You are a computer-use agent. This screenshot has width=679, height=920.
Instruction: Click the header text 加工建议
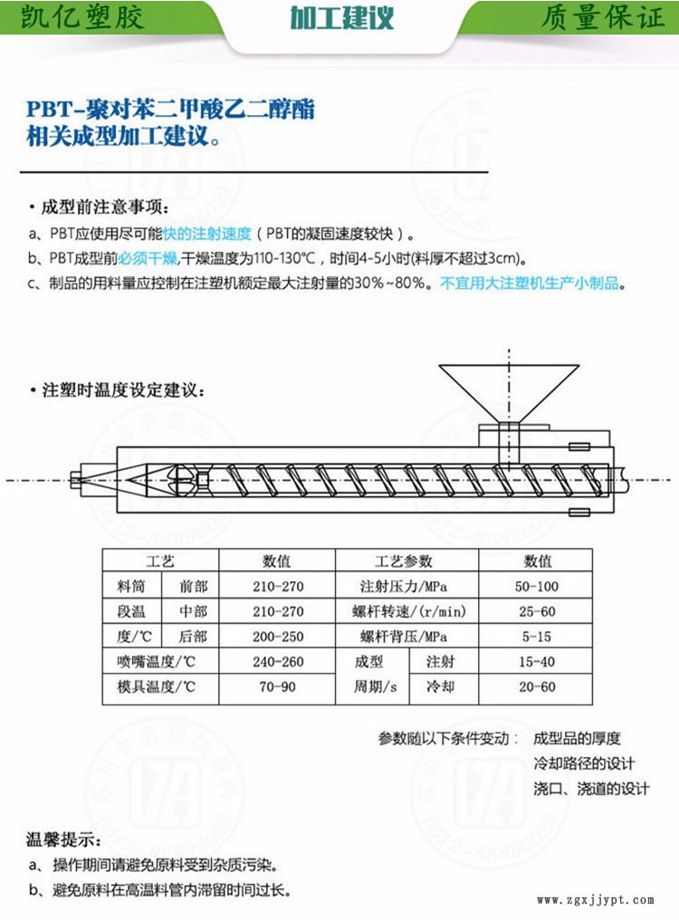(x=342, y=18)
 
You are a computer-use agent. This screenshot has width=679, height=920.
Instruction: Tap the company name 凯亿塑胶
(x=82, y=16)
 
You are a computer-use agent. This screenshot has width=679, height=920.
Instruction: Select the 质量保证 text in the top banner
(x=601, y=17)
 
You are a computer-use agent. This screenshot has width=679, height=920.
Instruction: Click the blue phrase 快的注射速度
(x=207, y=234)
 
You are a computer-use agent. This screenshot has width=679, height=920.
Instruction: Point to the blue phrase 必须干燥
(x=148, y=258)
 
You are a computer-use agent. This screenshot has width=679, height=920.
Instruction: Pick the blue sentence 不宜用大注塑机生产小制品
(x=530, y=283)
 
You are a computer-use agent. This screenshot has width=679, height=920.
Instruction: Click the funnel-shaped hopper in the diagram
(x=509, y=393)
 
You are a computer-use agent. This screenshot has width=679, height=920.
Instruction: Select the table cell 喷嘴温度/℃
(x=156, y=662)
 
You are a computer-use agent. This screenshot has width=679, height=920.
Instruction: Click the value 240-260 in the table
(x=278, y=662)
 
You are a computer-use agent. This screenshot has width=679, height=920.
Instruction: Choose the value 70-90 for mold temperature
(x=278, y=686)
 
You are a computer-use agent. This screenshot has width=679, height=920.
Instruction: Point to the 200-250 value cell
(x=278, y=637)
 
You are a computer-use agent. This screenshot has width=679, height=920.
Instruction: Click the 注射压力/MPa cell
(x=404, y=586)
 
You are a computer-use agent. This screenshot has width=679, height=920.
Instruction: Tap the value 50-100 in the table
(x=536, y=586)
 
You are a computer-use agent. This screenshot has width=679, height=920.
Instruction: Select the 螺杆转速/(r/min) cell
(x=408, y=611)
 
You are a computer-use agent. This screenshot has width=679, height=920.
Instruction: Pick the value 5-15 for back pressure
(x=536, y=637)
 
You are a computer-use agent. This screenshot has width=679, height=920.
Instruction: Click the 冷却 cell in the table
(x=441, y=686)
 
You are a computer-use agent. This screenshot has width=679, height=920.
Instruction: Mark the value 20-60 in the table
(x=536, y=686)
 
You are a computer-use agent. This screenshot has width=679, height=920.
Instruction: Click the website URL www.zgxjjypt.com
(x=595, y=900)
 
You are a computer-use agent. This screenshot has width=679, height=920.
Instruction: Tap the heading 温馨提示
(x=63, y=839)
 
